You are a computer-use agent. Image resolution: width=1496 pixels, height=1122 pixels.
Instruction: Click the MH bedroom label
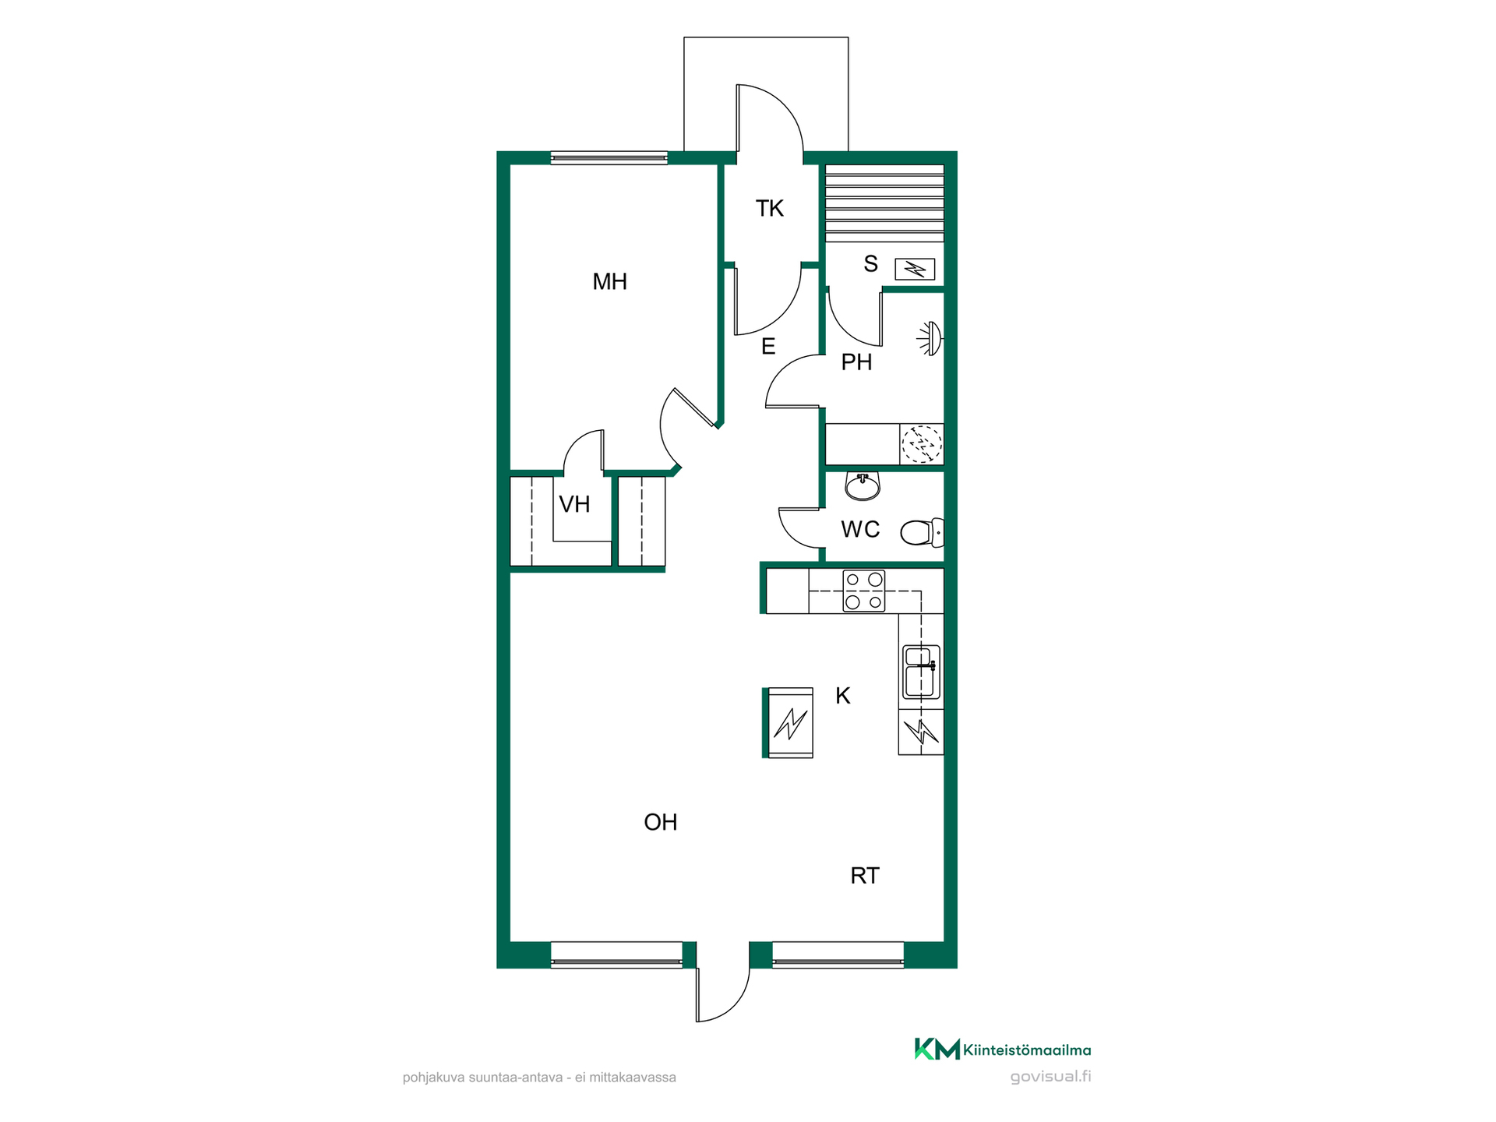609,281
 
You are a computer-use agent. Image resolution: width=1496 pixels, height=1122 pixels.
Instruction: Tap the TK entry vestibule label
769,209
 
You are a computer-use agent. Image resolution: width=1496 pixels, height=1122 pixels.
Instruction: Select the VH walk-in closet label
574,504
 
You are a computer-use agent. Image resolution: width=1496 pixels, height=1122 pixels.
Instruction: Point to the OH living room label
660,822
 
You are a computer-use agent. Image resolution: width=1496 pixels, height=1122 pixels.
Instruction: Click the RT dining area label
864,876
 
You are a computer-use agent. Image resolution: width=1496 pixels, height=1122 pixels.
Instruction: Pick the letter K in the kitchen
842,696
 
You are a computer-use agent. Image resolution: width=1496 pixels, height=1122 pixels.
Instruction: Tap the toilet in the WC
922,533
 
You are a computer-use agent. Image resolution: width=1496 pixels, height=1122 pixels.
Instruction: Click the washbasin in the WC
863,486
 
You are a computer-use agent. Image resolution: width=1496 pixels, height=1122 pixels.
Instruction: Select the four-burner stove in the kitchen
864,591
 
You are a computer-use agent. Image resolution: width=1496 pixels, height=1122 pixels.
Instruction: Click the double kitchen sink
921,672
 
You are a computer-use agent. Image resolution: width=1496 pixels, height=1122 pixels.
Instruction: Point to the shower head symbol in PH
930,338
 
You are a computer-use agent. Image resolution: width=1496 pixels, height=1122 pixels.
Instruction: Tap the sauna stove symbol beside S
915,270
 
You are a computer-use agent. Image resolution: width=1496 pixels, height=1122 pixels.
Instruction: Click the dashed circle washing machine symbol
922,445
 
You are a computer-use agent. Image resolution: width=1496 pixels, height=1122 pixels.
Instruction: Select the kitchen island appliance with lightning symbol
790,722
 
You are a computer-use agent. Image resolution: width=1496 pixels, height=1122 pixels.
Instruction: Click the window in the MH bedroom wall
609,158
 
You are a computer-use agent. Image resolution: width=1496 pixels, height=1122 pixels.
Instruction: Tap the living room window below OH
616,954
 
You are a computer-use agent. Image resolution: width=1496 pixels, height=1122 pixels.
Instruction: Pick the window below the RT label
838,954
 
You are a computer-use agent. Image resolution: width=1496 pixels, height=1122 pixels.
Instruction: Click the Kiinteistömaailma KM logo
1002,1050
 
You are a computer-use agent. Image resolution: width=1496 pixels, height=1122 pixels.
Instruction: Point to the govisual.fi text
1050,1077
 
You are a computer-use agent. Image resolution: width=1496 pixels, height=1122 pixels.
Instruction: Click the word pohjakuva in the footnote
432,1078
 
